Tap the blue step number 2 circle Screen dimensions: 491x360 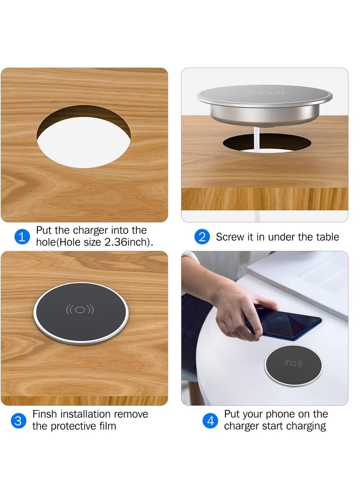[x=202, y=237]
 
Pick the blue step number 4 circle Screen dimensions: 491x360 [x=210, y=420]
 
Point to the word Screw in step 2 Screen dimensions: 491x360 [x=231, y=237]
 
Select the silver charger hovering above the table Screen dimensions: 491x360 [x=265, y=101]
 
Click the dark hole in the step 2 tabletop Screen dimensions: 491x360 [x=266, y=143]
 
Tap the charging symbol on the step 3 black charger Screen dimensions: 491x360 [x=80, y=310]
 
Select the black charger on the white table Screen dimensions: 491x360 [x=293, y=365]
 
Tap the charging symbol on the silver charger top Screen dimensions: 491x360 [x=265, y=94]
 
